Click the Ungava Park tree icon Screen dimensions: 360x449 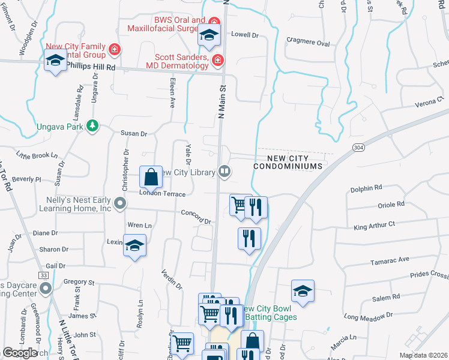(x=92, y=125)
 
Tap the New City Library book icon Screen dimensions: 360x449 (x=224, y=172)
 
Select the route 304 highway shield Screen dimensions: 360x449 (x=358, y=147)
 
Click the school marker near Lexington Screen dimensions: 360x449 (x=135, y=246)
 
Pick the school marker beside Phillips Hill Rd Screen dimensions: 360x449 (x=55, y=61)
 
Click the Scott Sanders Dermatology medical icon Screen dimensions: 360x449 (x=217, y=59)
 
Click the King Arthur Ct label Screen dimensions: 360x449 (x=375, y=226)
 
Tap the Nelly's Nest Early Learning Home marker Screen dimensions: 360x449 (x=120, y=204)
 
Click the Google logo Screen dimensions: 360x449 (x=20, y=352)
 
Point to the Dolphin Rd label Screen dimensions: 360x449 (x=366, y=188)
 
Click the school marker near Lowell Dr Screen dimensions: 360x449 (x=209, y=36)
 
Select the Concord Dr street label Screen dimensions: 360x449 (x=196, y=217)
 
